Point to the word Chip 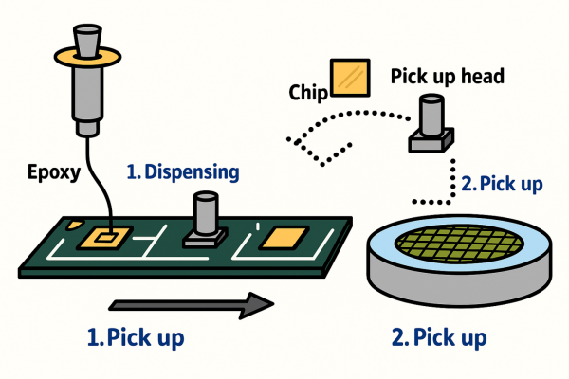306,91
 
